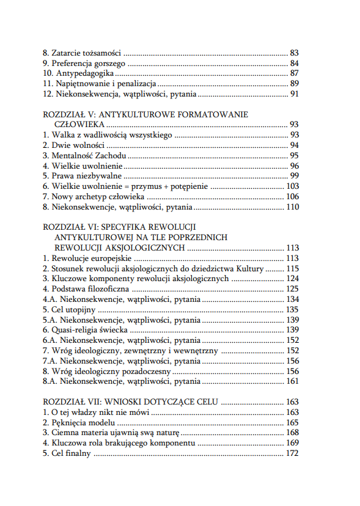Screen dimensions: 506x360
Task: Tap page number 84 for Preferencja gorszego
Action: pos(294,63)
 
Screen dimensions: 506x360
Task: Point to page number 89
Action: pos(294,84)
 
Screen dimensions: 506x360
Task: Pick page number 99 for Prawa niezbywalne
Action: pos(294,176)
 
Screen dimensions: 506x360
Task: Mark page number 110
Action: pos(292,207)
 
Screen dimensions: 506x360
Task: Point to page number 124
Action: pos(292,279)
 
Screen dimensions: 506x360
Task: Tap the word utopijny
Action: pos(79,310)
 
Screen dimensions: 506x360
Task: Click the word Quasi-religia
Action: pos(77,330)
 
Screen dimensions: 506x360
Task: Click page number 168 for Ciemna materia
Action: pos(292,433)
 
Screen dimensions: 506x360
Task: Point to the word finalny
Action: pos(78,453)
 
